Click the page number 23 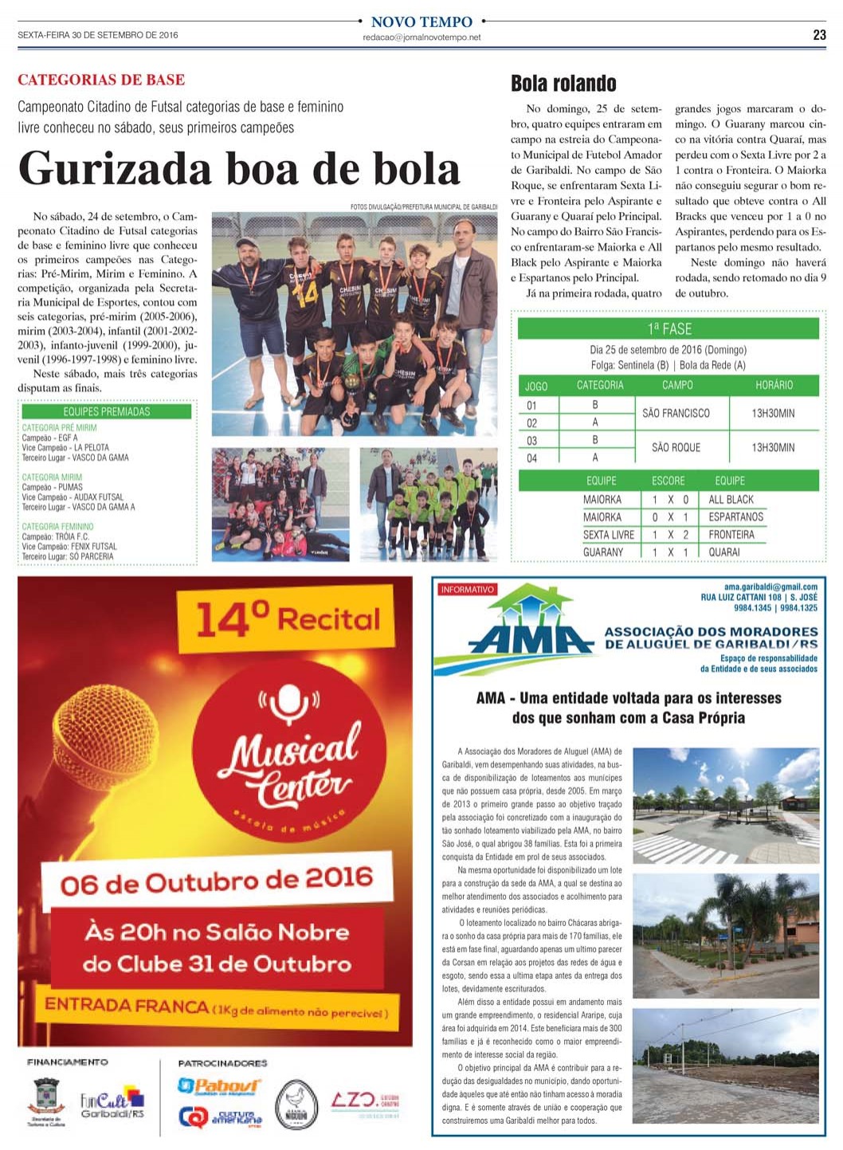[x=819, y=35]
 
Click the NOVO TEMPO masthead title [x=421, y=22]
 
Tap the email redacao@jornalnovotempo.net [x=421, y=37]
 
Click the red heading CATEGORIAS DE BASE [x=101, y=80]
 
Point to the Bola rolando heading [x=563, y=84]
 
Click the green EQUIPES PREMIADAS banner [x=107, y=411]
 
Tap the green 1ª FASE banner [x=669, y=328]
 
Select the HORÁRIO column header [x=774, y=385]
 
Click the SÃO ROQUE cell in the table [x=676, y=447]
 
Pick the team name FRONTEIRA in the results [x=731, y=535]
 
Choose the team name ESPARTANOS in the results [x=735, y=517]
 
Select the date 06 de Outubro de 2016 [x=217, y=881]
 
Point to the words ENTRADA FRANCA [x=127, y=1005]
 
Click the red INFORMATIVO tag [x=467, y=590]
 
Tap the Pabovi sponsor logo [x=218, y=1085]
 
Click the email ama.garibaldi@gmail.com [x=770, y=587]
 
